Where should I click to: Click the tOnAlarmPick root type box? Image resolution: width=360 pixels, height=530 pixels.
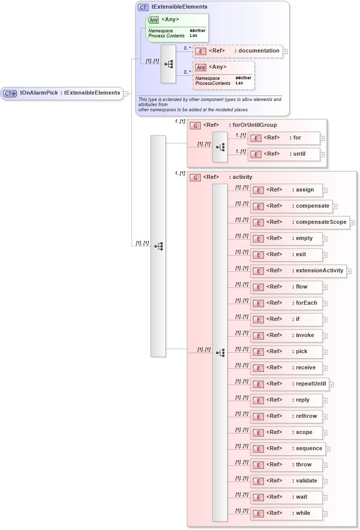click(x=62, y=93)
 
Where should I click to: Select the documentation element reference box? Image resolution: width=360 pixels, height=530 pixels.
click(x=237, y=51)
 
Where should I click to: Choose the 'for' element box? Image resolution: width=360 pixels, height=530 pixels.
click(x=284, y=138)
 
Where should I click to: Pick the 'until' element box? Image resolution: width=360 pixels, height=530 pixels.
click(x=284, y=154)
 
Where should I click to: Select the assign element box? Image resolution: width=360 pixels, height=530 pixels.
click(x=286, y=190)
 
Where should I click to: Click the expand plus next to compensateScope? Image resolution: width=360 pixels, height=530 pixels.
click(x=352, y=223)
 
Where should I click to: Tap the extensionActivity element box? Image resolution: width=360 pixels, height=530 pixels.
click(x=298, y=271)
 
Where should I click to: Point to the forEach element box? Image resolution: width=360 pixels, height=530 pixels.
click(x=286, y=303)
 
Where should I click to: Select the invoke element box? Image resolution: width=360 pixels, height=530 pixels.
click(x=286, y=335)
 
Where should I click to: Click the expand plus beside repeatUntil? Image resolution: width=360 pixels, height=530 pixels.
click(x=332, y=384)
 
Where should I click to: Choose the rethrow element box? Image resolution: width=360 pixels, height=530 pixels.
click(x=286, y=416)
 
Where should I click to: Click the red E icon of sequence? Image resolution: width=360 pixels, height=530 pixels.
click(x=258, y=449)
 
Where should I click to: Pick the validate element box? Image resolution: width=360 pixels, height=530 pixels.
click(x=286, y=481)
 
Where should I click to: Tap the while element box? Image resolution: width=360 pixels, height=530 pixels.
click(x=286, y=513)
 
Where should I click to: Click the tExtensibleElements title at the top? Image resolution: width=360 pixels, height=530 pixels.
click(x=179, y=7)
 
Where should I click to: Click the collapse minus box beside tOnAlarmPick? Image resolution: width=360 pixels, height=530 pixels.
click(x=126, y=93)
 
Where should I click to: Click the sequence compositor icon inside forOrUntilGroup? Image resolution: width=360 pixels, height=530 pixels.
click(x=220, y=147)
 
